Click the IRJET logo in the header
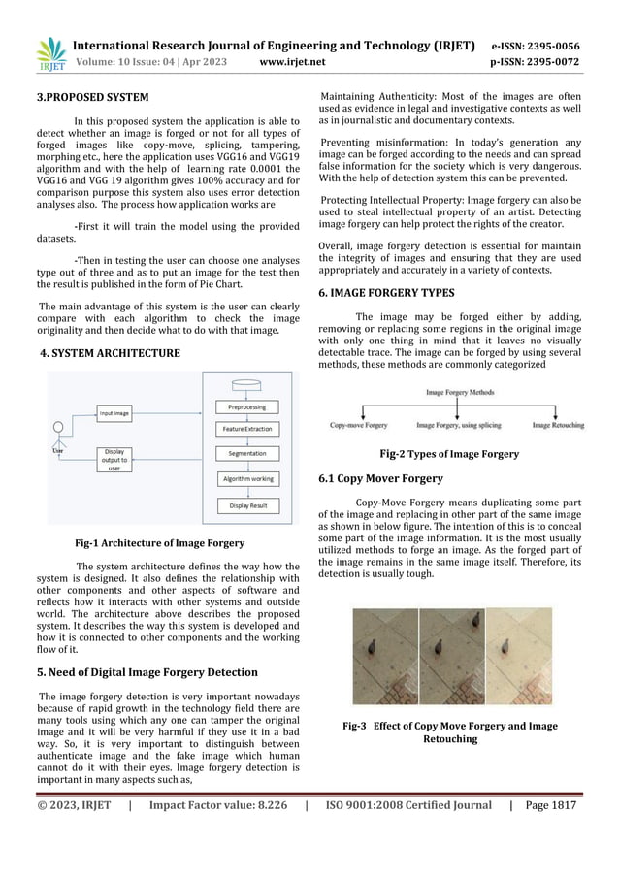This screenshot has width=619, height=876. pos(51,55)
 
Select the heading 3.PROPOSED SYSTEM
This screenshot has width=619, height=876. pos(93,97)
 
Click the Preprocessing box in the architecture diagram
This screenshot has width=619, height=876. pos(246,406)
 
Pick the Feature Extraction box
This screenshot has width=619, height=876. pos(246,428)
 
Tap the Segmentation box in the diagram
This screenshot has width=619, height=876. pos(246,454)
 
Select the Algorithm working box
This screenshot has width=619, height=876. pos(247,479)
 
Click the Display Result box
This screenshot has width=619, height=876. pos(246,505)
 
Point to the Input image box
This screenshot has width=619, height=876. pos(114,413)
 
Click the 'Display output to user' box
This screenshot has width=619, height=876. pos(114,459)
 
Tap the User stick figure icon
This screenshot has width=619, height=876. pos(58,432)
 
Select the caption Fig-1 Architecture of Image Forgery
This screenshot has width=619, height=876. pos(159,543)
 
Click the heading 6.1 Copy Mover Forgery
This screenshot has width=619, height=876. pos(381,479)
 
